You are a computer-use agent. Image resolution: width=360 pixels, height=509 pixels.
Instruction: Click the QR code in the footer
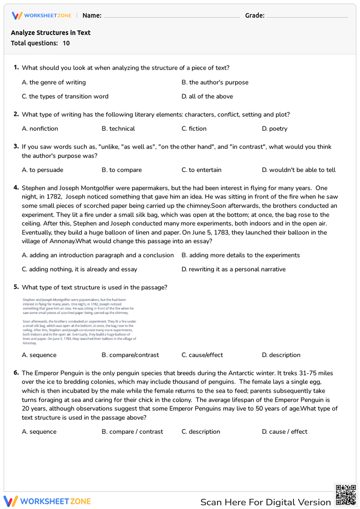[x=346, y=495]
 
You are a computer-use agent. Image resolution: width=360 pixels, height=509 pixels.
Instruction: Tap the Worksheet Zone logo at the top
[x=42, y=15]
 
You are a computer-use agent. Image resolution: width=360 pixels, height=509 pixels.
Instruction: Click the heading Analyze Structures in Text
[x=51, y=33]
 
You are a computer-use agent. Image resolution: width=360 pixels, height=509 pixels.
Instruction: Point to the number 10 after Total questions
[x=66, y=43]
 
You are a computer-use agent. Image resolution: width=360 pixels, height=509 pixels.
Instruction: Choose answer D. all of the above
[x=207, y=96]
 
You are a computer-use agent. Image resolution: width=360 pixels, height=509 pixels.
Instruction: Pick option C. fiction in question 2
[x=194, y=129]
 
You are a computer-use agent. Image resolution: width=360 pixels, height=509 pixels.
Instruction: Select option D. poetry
[x=275, y=129]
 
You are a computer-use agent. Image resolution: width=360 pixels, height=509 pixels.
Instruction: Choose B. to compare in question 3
[x=122, y=170]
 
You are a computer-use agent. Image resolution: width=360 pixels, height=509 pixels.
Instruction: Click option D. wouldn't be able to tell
[x=299, y=170]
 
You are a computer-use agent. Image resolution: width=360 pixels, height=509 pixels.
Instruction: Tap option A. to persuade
[x=42, y=170]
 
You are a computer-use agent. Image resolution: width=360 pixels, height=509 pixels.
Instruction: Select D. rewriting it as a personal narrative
[x=234, y=269]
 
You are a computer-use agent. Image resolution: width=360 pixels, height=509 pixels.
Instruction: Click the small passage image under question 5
[x=79, y=321]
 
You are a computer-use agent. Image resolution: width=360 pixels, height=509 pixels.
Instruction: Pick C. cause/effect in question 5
[x=202, y=355]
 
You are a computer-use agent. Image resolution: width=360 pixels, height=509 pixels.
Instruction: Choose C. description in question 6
[x=201, y=432]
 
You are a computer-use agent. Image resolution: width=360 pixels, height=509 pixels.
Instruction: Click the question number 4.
[x=16, y=188]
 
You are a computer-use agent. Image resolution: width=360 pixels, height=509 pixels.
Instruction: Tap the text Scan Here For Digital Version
[x=265, y=502]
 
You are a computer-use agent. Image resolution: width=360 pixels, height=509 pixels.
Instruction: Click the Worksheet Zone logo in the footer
[x=47, y=501]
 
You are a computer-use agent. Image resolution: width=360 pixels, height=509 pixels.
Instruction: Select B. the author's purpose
[x=215, y=82]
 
